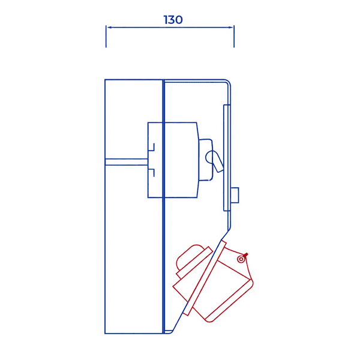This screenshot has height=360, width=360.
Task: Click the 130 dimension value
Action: [173, 20]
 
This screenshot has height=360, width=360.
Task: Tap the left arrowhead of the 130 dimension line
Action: [108, 27]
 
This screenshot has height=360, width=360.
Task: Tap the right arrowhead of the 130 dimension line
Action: [232, 27]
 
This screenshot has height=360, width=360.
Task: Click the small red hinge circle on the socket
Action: [241, 259]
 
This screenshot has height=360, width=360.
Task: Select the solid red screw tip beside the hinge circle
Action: [245, 255]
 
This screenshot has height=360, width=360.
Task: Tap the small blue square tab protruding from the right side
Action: [235, 195]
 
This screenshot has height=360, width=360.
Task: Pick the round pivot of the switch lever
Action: [211, 157]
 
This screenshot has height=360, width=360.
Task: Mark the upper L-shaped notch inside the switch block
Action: [152, 146]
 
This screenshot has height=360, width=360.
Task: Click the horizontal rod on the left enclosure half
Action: [126, 161]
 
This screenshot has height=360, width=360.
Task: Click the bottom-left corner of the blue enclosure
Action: [106, 333]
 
